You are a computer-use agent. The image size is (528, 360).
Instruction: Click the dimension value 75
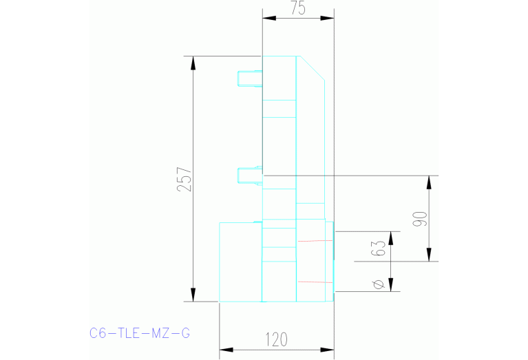click(297, 8)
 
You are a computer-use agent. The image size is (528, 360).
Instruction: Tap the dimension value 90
click(421, 218)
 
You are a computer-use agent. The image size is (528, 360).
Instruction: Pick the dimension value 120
click(276, 339)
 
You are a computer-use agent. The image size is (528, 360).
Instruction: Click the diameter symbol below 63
click(378, 283)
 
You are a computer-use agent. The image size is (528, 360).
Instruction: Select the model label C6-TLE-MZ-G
click(140, 334)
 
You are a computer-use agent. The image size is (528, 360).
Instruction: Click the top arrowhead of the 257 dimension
click(193, 63)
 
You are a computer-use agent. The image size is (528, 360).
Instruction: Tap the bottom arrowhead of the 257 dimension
click(193, 294)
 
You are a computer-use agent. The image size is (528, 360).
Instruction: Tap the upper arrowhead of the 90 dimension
click(430, 182)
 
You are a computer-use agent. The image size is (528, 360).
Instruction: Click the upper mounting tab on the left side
click(249, 78)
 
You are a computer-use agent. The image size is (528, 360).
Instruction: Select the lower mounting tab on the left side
click(249, 176)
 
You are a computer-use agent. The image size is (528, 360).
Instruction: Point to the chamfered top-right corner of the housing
click(311, 67)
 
